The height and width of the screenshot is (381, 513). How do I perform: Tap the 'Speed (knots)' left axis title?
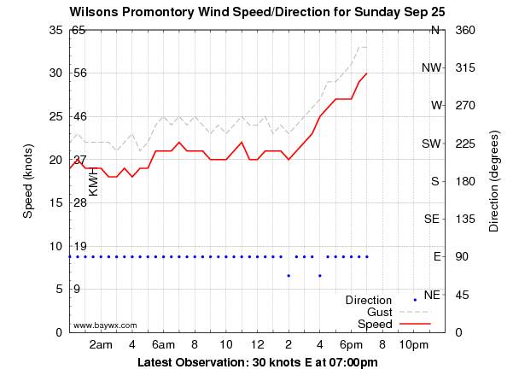tap(27, 180)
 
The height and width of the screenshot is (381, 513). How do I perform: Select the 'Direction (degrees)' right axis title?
tap(494, 181)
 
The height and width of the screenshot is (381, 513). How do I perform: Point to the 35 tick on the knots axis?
tap(48, 30)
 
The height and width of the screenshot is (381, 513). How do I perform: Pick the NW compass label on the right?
tap(431, 67)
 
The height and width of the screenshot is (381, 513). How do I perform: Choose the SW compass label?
tap(431, 144)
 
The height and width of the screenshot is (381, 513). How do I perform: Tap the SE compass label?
tap(432, 219)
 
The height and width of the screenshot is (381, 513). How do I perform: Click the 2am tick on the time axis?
tap(101, 344)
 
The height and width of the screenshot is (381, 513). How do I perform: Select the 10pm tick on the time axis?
tap(414, 344)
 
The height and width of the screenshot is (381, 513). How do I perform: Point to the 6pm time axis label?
tap(351, 344)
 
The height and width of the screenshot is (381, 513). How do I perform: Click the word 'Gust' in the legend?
tap(378, 313)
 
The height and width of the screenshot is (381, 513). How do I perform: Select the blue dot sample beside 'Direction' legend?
tap(415, 300)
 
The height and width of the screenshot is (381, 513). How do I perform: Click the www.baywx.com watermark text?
tap(105, 325)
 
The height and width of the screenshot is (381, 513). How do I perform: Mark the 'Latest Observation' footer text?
tap(257, 362)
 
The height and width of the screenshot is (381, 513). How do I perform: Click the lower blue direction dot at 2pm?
tap(289, 275)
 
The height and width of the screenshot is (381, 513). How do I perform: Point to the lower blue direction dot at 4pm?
tap(320, 275)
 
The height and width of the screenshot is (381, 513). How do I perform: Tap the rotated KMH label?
tap(94, 181)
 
